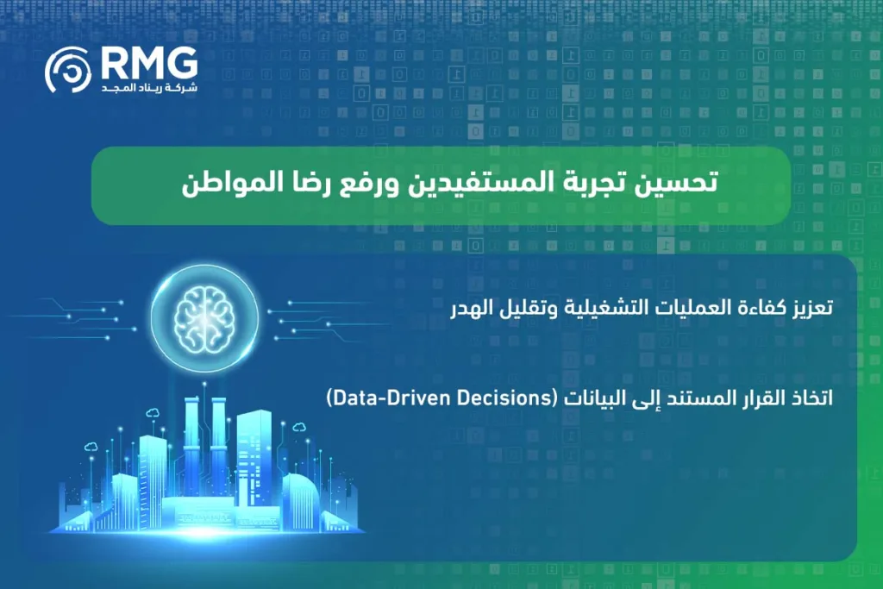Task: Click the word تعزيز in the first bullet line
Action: [808, 309]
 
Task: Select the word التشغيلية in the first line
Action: [602, 309]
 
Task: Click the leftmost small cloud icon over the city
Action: [90, 446]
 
